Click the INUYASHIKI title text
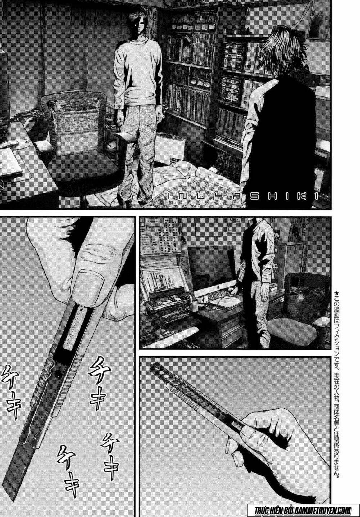(242, 196)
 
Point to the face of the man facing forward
(130, 27)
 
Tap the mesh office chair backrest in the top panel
(72, 122)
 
